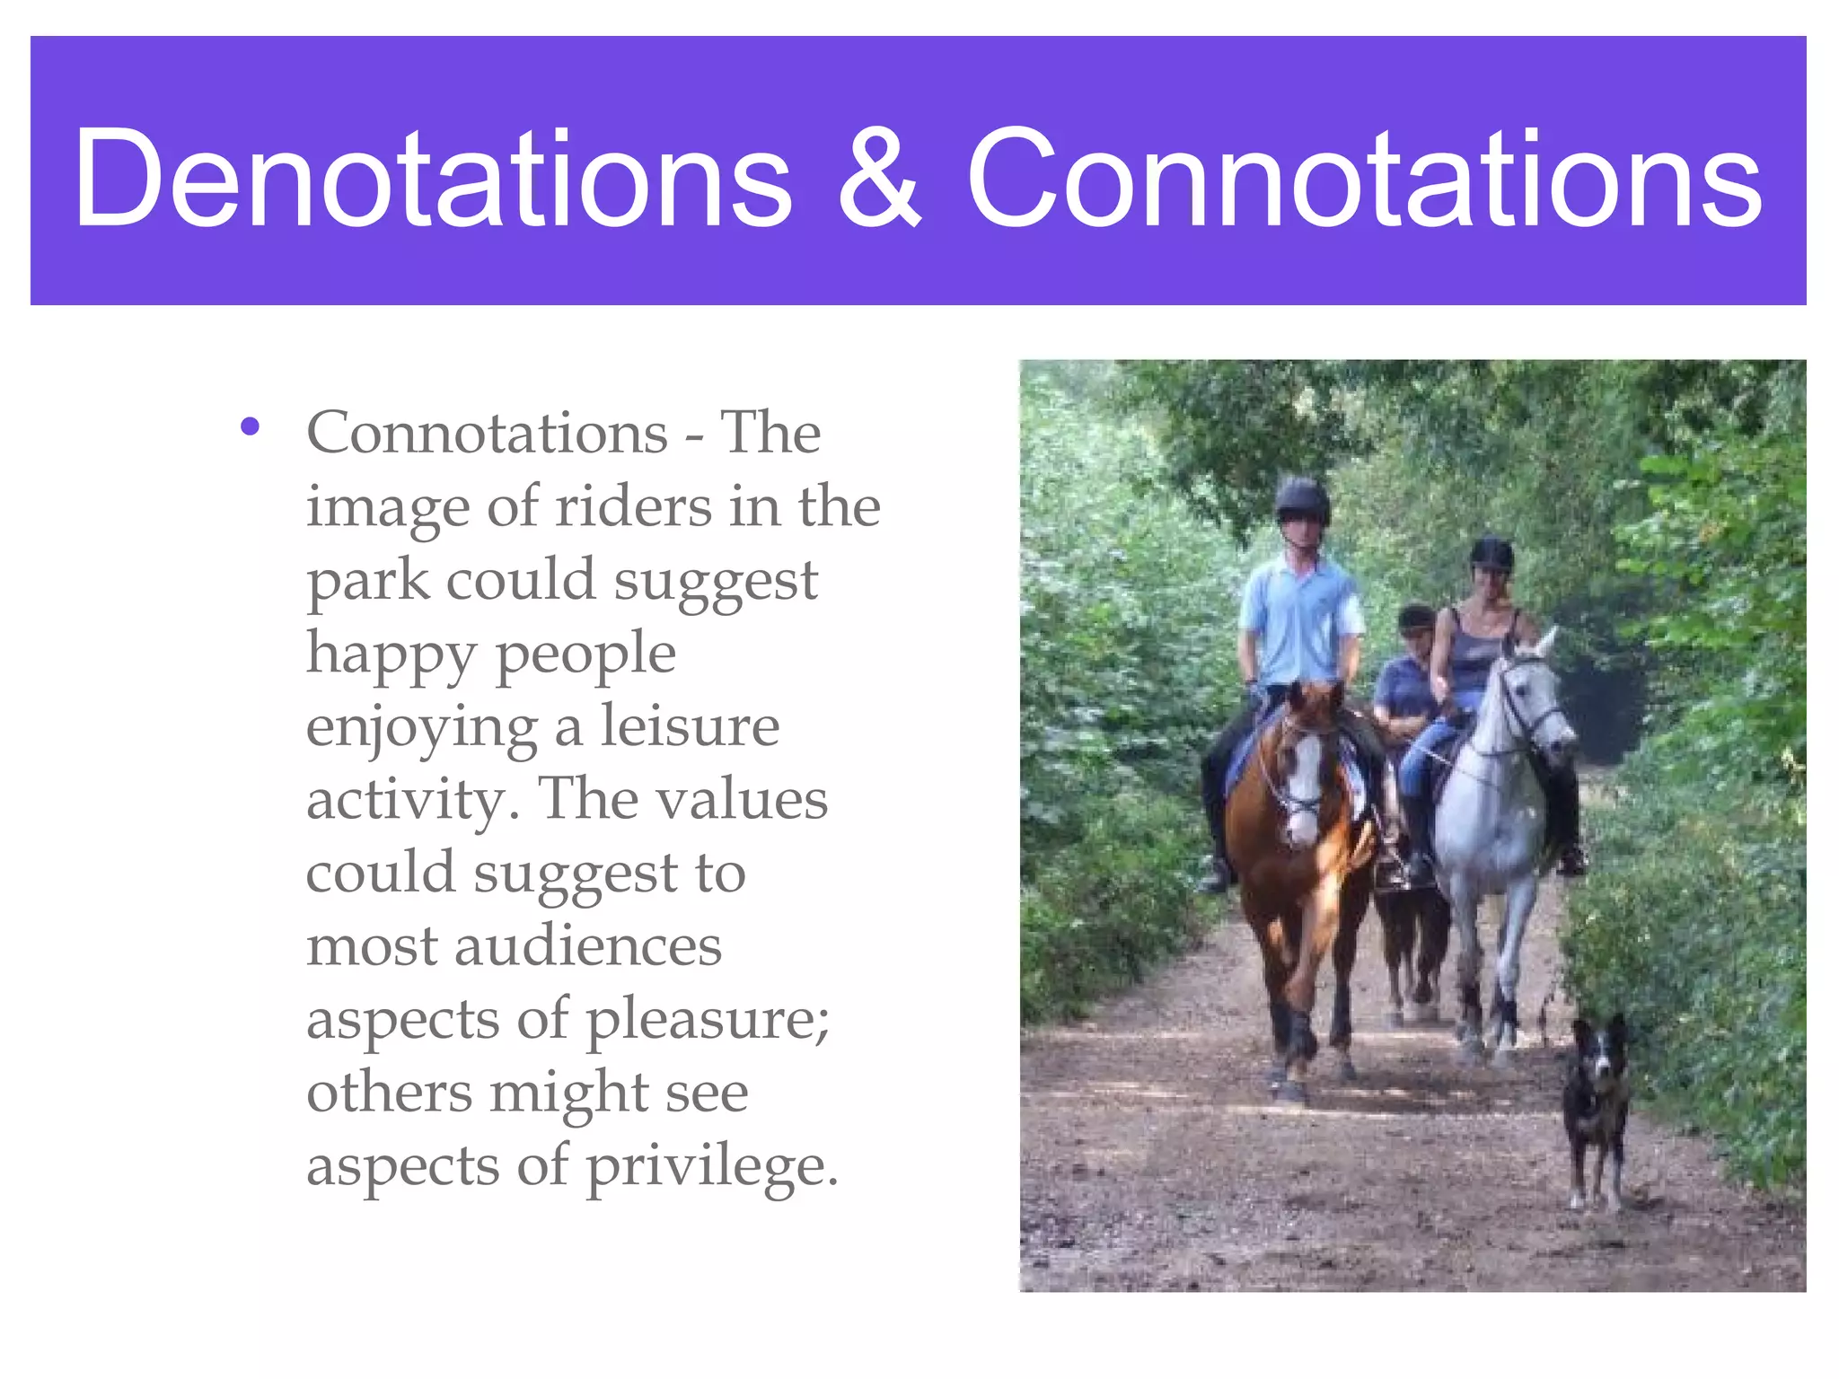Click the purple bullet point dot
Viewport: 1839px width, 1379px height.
tap(250, 427)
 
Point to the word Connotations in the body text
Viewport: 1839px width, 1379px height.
tap(487, 434)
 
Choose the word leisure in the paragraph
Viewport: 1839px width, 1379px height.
tap(690, 726)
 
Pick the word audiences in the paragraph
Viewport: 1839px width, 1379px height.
tap(587, 947)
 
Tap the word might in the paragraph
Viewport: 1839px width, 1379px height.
tap(568, 1094)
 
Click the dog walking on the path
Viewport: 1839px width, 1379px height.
tap(1596, 1104)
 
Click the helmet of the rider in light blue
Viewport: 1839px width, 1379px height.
tap(1302, 498)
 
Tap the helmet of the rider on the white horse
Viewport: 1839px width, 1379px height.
tap(1491, 552)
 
